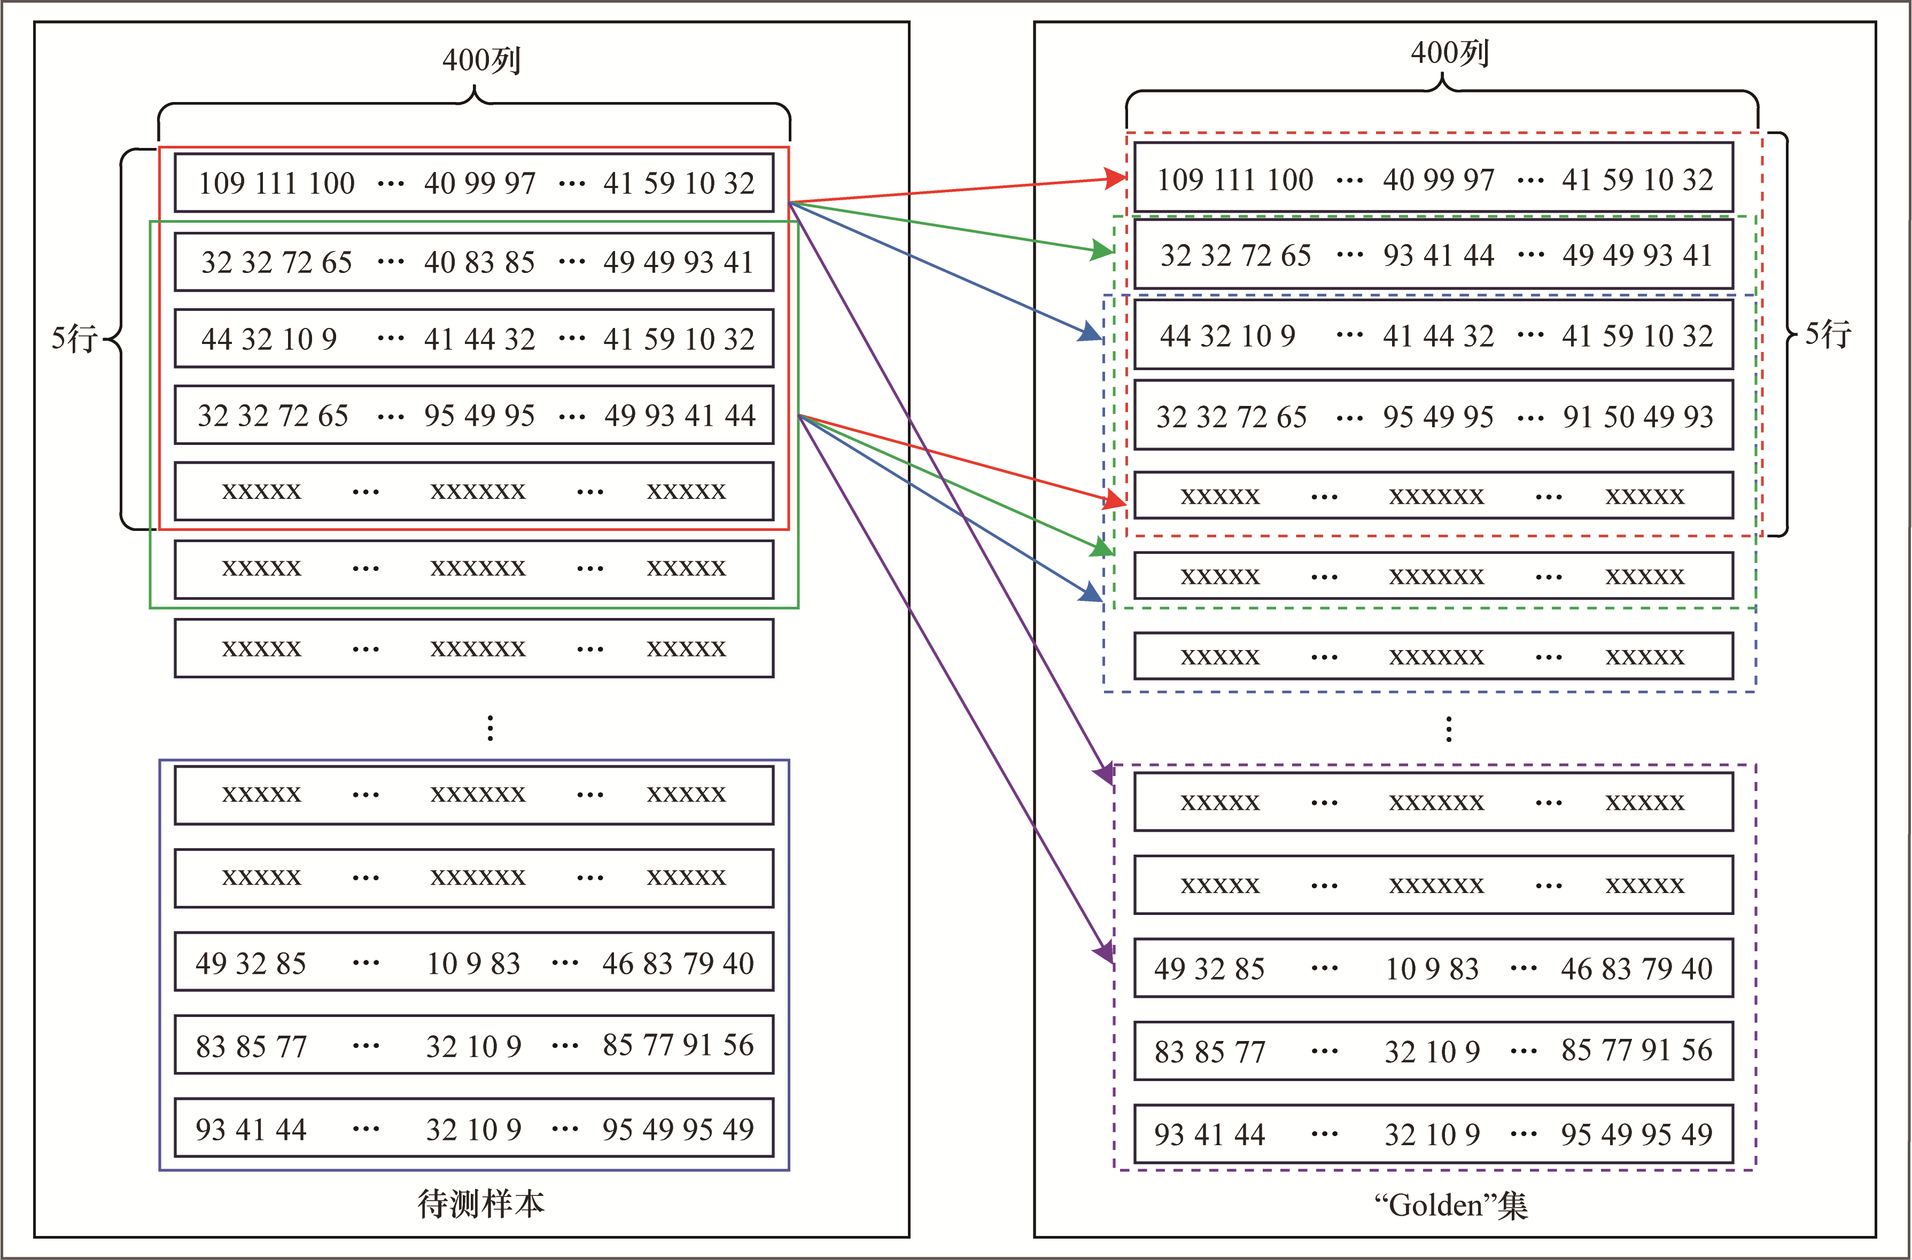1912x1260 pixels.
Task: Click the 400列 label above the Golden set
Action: click(x=1449, y=53)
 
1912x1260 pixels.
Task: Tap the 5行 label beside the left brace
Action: click(x=74, y=338)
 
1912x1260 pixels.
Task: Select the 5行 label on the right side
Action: click(x=1828, y=333)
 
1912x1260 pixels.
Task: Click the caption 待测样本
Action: click(x=481, y=1203)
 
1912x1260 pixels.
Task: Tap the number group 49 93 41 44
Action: click(x=679, y=416)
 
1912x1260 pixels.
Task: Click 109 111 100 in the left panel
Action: click(x=276, y=183)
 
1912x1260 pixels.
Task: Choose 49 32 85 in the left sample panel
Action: click(x=251, y=964)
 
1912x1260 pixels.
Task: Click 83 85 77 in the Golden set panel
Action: click(x=1210, y=1051)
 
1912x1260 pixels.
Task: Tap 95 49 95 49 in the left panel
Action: click(x=678, y=1129)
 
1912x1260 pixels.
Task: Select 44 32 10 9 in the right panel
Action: click(x=1227, y=336)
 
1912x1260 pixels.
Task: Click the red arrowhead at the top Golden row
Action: click(x=1116, y=178)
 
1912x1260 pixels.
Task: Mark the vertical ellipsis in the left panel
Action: click(x=490, y=728)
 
